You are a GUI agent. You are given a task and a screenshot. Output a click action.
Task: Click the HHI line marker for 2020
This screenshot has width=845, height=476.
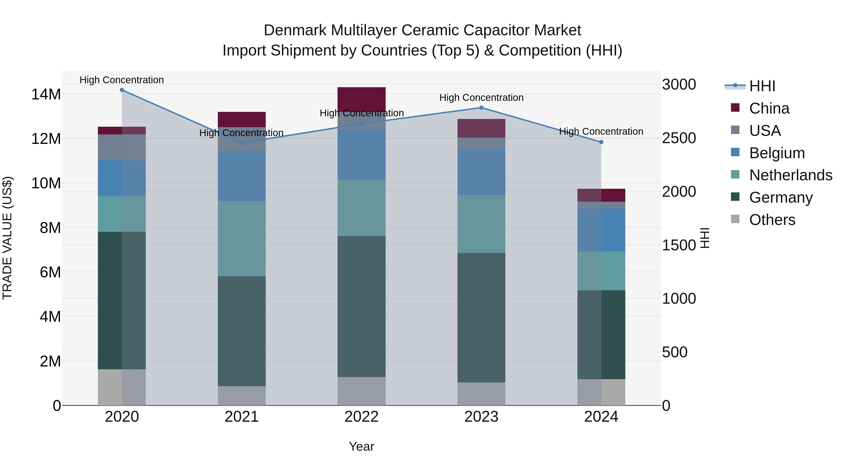click(122, 90)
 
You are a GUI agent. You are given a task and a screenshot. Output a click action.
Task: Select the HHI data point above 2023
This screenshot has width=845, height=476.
click(481, 108)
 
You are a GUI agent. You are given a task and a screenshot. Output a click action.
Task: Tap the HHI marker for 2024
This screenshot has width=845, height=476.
click(601, 142)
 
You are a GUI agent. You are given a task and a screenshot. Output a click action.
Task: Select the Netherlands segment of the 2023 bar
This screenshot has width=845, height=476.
click(481, 224)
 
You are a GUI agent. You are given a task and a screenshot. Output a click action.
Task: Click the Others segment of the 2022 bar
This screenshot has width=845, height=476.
click(361, 391)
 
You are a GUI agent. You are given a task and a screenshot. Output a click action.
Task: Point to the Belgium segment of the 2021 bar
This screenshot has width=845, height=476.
click(242, 176)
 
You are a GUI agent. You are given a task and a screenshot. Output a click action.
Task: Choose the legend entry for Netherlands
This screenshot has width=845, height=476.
click(791, 175)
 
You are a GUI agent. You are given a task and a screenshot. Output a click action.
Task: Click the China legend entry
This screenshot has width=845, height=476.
click(769, 108)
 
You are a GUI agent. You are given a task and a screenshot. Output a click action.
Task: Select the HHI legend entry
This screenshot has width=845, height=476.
click(762, 86)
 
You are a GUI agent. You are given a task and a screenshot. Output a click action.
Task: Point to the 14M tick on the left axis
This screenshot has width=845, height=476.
click(46, 94)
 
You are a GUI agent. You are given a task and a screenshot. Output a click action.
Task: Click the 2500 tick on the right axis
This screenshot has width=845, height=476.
click(679, 138)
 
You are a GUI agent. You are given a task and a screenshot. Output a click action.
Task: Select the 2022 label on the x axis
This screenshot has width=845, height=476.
click(361, 417)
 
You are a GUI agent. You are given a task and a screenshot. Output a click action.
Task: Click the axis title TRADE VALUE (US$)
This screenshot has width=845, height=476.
click(7, 238)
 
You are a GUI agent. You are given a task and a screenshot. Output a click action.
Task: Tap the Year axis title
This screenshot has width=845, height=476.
click(361, 446)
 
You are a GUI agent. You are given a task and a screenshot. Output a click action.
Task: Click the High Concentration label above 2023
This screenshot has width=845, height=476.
click(481, 98)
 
